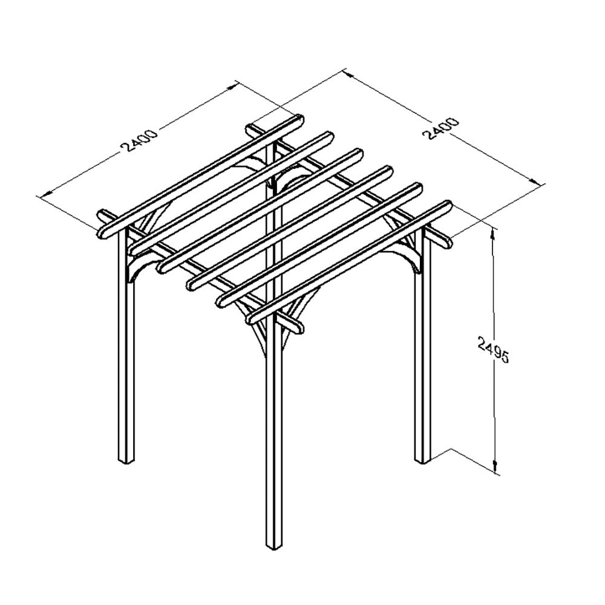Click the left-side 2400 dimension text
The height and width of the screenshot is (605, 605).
click(x=140, y=140)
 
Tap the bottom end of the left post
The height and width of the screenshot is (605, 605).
click(x=125, y=460)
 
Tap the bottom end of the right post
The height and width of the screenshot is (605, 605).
click(x=421, y=460)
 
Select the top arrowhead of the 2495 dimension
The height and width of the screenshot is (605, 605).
click(x=494, y=233)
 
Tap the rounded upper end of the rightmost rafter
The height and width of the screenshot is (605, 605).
click(x=447, y=205)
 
